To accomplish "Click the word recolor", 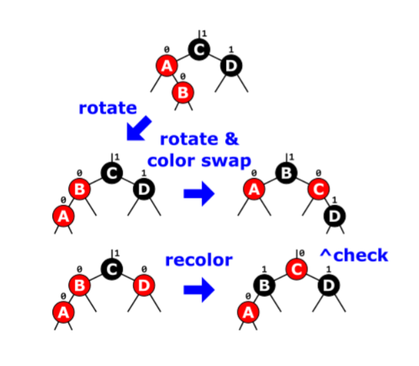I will pyautogui.click(x=199, y=259).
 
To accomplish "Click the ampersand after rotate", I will pyautogui.click(x=231, y=139).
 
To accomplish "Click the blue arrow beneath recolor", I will pyautogui.click(x=198, y=290).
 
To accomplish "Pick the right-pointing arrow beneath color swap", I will pyautogui.click(x=198, y=194).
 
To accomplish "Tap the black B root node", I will pyautogui.click(x=287, y=172).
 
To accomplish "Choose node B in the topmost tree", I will pyautogui.click(x=182, y=91).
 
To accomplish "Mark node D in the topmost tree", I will pyautogui.click(x=231, y=66).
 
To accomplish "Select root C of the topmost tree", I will pyautogui.click(x=198, y=49).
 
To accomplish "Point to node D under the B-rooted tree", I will pyautogui.click(x=334, y=215).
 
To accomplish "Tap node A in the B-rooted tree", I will pyautogui.click(x=254, y=190).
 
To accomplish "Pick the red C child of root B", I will pyautogui.click(x=318, y=190).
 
